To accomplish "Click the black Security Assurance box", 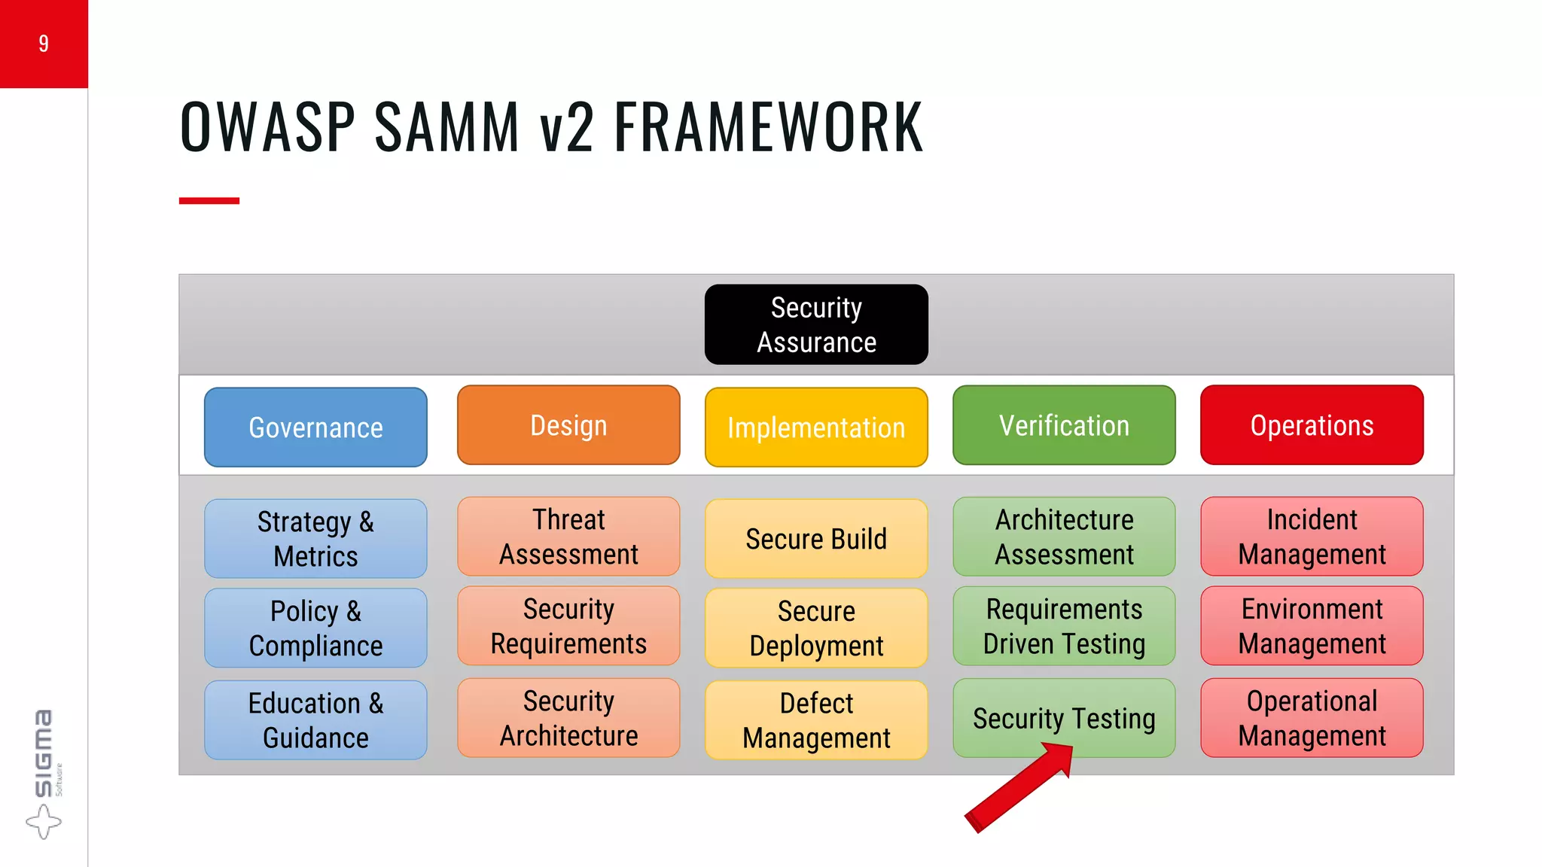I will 816,324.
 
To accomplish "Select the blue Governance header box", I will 315,427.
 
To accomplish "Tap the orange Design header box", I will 568,425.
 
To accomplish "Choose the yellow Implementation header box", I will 816,427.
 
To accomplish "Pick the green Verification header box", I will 1064,425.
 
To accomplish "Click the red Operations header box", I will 1312,425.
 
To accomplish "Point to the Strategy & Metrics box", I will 315,539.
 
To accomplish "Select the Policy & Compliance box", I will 315,628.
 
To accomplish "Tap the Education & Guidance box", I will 315,720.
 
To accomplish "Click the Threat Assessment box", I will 568,537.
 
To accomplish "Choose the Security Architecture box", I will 568,718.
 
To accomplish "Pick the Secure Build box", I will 816,539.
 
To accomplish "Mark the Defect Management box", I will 816,720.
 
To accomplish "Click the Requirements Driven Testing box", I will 1064,626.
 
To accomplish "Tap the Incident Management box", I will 1312,537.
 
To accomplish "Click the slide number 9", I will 44,44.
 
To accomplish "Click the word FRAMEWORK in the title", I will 769,127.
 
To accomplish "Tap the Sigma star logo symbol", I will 43,821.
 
